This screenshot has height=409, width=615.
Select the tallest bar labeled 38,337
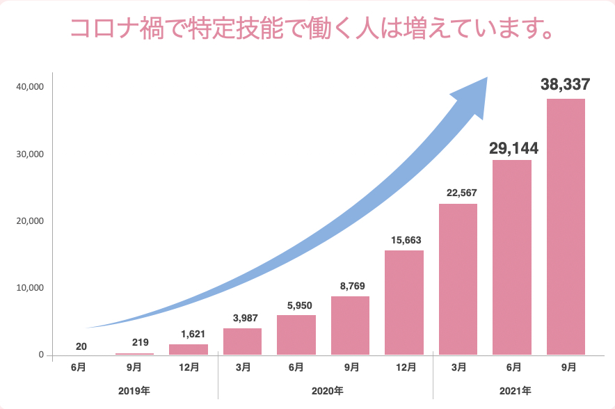pyautogui.click(x=566, y=227)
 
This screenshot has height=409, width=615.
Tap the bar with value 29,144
pyautogui.click(x=512, y=257)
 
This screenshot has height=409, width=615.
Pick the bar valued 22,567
pyautogui.click(x=458, y=279)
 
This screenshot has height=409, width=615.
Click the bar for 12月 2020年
pyautogui.click(x=404, y=303)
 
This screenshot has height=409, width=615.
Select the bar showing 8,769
pyautogui.click(x=350, y=326)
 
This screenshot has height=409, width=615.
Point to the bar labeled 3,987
pyautogui.click(x=242, y=342)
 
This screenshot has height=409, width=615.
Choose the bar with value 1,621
pyautogui.click(x=189, y=349)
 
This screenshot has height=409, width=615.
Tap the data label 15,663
pyautogui.click(x=404, y=239)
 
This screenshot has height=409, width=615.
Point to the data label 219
pyautogui.click(x=140, y=342)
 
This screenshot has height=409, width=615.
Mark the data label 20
pyautogui.click(x=81, y=346)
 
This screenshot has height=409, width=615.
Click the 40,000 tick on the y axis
pyautogui.click(x=31, y=87)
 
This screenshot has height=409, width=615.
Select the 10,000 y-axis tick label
pyautogui.click(x=31, y=288)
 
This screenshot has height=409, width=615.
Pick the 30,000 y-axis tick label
pyautogui.click(x=31, y=154)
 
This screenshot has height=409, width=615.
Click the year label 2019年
pyautogui.click(x=134, y=391)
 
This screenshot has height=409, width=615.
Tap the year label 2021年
pyautogui.click(x=516, y=391)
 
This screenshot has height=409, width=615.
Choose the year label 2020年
pyautogui.click(x=326, y=391)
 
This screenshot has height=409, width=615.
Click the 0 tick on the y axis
pyautogui.click(x=41, y=355)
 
